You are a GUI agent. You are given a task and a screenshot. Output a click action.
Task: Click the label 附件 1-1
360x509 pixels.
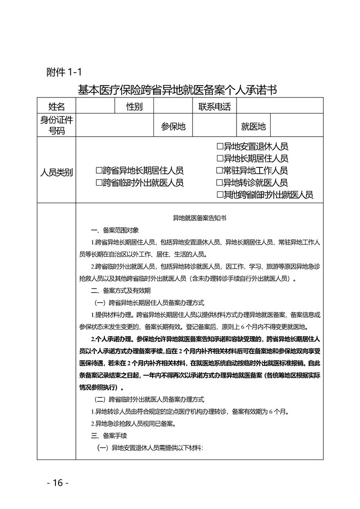point(64,72)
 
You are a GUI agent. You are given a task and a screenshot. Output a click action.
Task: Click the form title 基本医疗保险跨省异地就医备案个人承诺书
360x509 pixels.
point(178,90)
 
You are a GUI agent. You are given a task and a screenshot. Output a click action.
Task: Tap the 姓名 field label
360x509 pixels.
point(57,107)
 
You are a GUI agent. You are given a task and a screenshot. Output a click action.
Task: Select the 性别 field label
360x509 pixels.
point(134,107)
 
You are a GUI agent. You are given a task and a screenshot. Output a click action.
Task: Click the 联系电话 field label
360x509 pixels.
point(215,107)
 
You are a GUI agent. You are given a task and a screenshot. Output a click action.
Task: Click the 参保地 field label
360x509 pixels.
point(173,127)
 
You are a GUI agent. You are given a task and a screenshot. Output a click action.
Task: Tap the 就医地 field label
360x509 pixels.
point(253,127)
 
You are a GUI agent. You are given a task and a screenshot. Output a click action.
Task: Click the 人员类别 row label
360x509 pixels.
point(57,172)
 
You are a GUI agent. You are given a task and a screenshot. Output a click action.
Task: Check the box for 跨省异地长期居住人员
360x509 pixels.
point(99,171)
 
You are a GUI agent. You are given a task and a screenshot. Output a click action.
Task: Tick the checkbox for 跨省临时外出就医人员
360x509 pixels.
point(99,182)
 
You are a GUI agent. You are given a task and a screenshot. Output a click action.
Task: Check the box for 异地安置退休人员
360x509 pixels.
point(220,147)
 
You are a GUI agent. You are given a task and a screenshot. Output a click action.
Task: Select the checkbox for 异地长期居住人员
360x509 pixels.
point(220,159)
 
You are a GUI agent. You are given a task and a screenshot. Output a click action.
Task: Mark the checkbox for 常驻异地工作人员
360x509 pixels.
point(220,171)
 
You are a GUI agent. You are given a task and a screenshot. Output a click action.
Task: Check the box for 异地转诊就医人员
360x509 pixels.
point(220,183)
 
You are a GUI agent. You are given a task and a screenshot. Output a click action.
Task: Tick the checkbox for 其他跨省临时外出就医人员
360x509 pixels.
point(220,195)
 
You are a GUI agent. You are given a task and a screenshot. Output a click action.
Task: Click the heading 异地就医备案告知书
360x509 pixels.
point(199,218)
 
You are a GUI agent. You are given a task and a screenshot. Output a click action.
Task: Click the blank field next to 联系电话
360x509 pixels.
point(280,107)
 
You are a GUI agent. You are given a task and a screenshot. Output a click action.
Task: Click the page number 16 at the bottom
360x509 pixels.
point(58,482)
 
